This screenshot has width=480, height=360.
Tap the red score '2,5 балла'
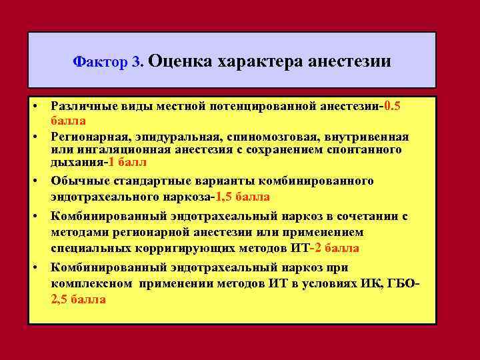(78, 299)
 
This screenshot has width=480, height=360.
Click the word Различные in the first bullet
(82, 107)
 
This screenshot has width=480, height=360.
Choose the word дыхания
(71, 162)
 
